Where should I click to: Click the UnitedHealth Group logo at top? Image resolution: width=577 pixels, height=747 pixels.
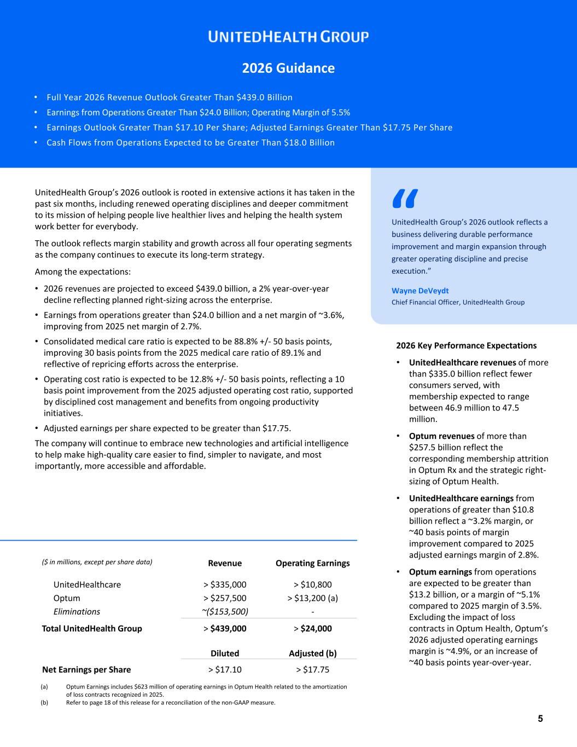click(x=288, y=37)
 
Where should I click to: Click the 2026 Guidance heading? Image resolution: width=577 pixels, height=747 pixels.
click(x=288, y=68)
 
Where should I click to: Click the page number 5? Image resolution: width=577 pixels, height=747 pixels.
click(x=540, y=719)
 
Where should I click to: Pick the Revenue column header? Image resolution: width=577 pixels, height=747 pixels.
click(x=225, y=563)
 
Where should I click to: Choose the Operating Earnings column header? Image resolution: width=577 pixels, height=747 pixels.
click(x=312, y=563)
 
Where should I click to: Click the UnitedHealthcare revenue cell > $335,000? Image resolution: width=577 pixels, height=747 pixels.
click(x=225, y=584)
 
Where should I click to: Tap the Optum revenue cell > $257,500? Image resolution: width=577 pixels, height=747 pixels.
click(x=225, y=598)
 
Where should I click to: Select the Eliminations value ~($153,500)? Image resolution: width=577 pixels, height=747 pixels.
click(x=225, y=612)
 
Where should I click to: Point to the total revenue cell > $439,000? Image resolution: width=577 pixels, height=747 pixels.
click(x=225, y=629)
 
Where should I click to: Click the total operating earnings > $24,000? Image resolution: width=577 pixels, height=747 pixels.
click(x=312, y=629)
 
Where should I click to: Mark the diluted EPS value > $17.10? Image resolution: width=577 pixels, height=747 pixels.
click(x=225, y=669)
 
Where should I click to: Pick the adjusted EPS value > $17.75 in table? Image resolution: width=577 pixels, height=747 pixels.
click(x=312, y=669)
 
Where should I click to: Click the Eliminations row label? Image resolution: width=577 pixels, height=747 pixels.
click(x=77, y=612)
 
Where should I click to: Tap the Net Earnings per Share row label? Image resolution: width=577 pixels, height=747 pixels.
click(x=86, y=669)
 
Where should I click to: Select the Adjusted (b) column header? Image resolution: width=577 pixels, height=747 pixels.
click(x=312, y=653)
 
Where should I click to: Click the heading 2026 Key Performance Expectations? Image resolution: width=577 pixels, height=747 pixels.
click(x=466, y=346)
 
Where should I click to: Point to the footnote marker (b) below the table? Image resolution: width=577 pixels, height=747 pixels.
click(x=44, y=703)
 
